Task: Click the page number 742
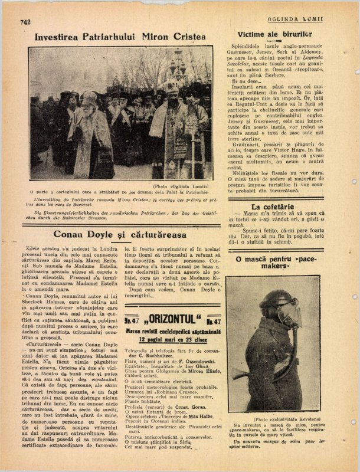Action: (x=25, y=22)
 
